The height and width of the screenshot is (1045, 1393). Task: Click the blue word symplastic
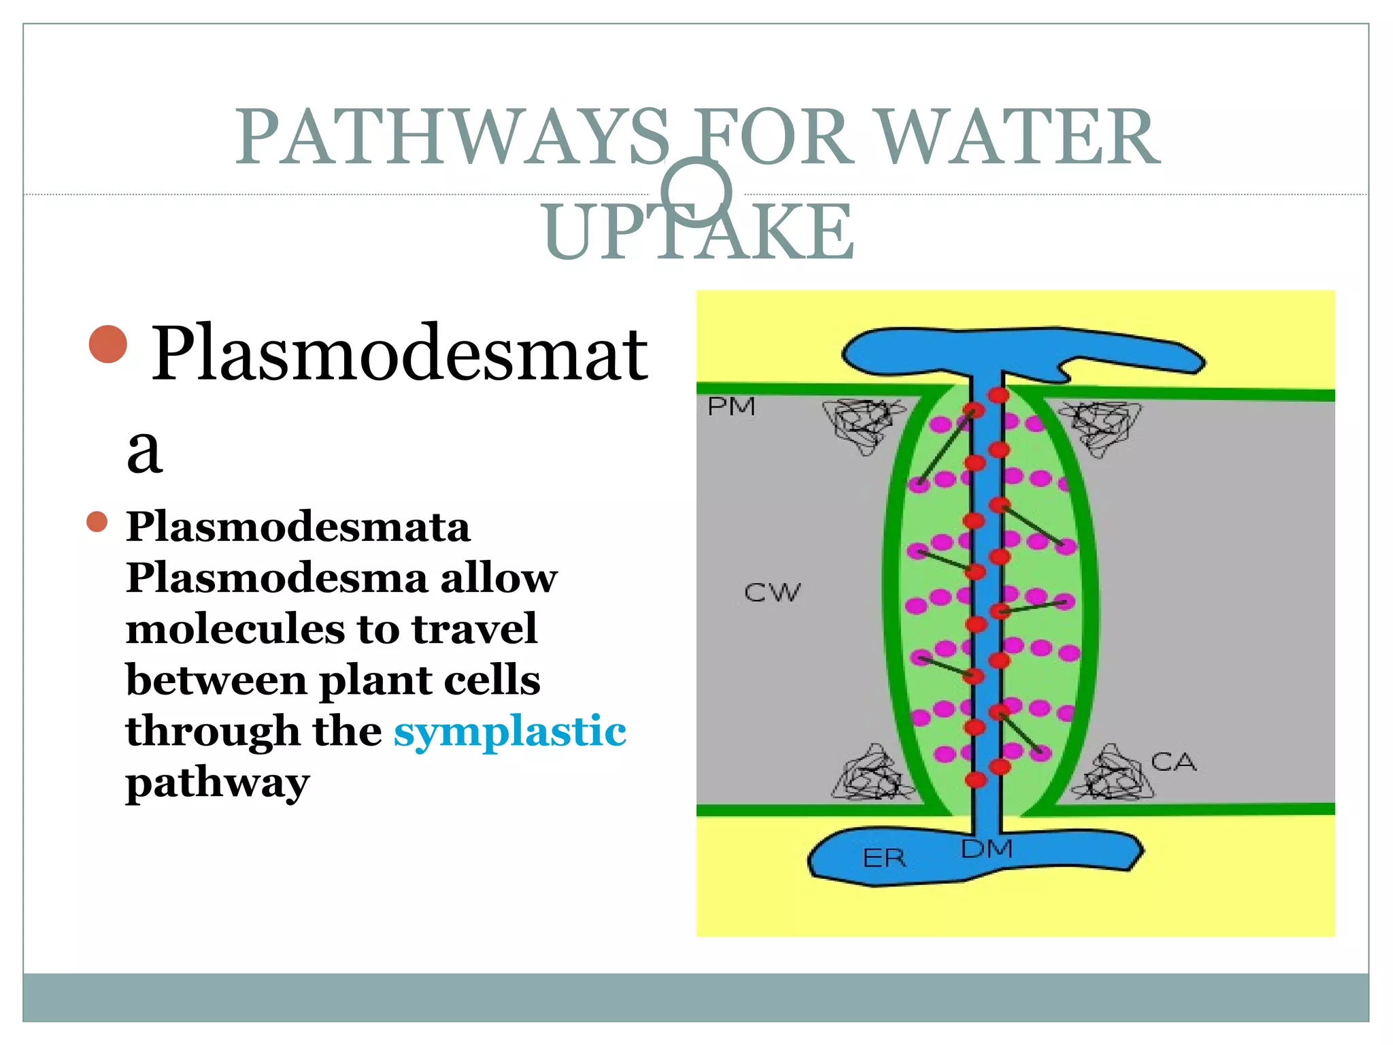point(509,732)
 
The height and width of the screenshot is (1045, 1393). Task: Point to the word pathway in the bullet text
point(218,784)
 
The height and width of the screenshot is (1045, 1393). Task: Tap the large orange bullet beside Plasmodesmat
point(108,344)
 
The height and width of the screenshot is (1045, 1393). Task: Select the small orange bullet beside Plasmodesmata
point(97,522)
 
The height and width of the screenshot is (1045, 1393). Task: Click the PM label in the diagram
point(731,407)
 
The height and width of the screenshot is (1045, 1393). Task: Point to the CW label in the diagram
point(772,593)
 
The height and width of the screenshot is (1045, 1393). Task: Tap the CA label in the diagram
point(1173,762)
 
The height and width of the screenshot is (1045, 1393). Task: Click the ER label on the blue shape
point(884,858)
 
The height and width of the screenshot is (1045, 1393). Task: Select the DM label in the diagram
point(987,849)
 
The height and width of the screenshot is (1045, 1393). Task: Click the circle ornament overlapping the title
point(696,192)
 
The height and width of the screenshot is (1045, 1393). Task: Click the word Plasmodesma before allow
point(276,578)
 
